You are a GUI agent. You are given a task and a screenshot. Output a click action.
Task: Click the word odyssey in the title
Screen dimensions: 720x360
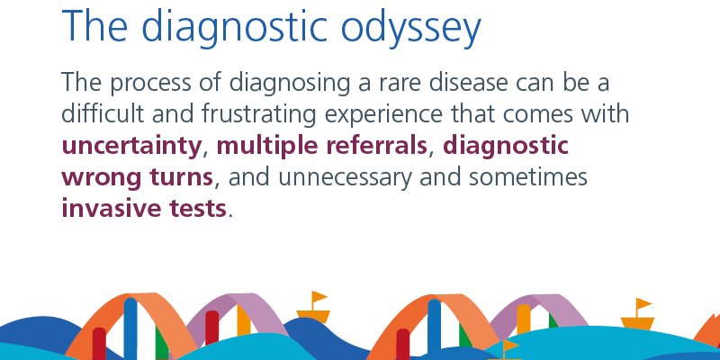tap(410, 28)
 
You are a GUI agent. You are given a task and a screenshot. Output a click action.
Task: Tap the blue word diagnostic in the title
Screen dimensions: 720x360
tap(235, 28)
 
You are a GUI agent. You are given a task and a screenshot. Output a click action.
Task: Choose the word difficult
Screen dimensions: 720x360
tap(103, 113)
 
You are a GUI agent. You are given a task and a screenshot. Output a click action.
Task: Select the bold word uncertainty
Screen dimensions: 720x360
tap(131, 147)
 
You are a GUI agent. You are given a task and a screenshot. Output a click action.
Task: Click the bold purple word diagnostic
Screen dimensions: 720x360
tap(506, 147)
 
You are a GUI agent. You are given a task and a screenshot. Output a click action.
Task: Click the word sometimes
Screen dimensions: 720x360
tap(528, 176)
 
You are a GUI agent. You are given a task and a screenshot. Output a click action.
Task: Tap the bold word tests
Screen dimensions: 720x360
tap(198, 209)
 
